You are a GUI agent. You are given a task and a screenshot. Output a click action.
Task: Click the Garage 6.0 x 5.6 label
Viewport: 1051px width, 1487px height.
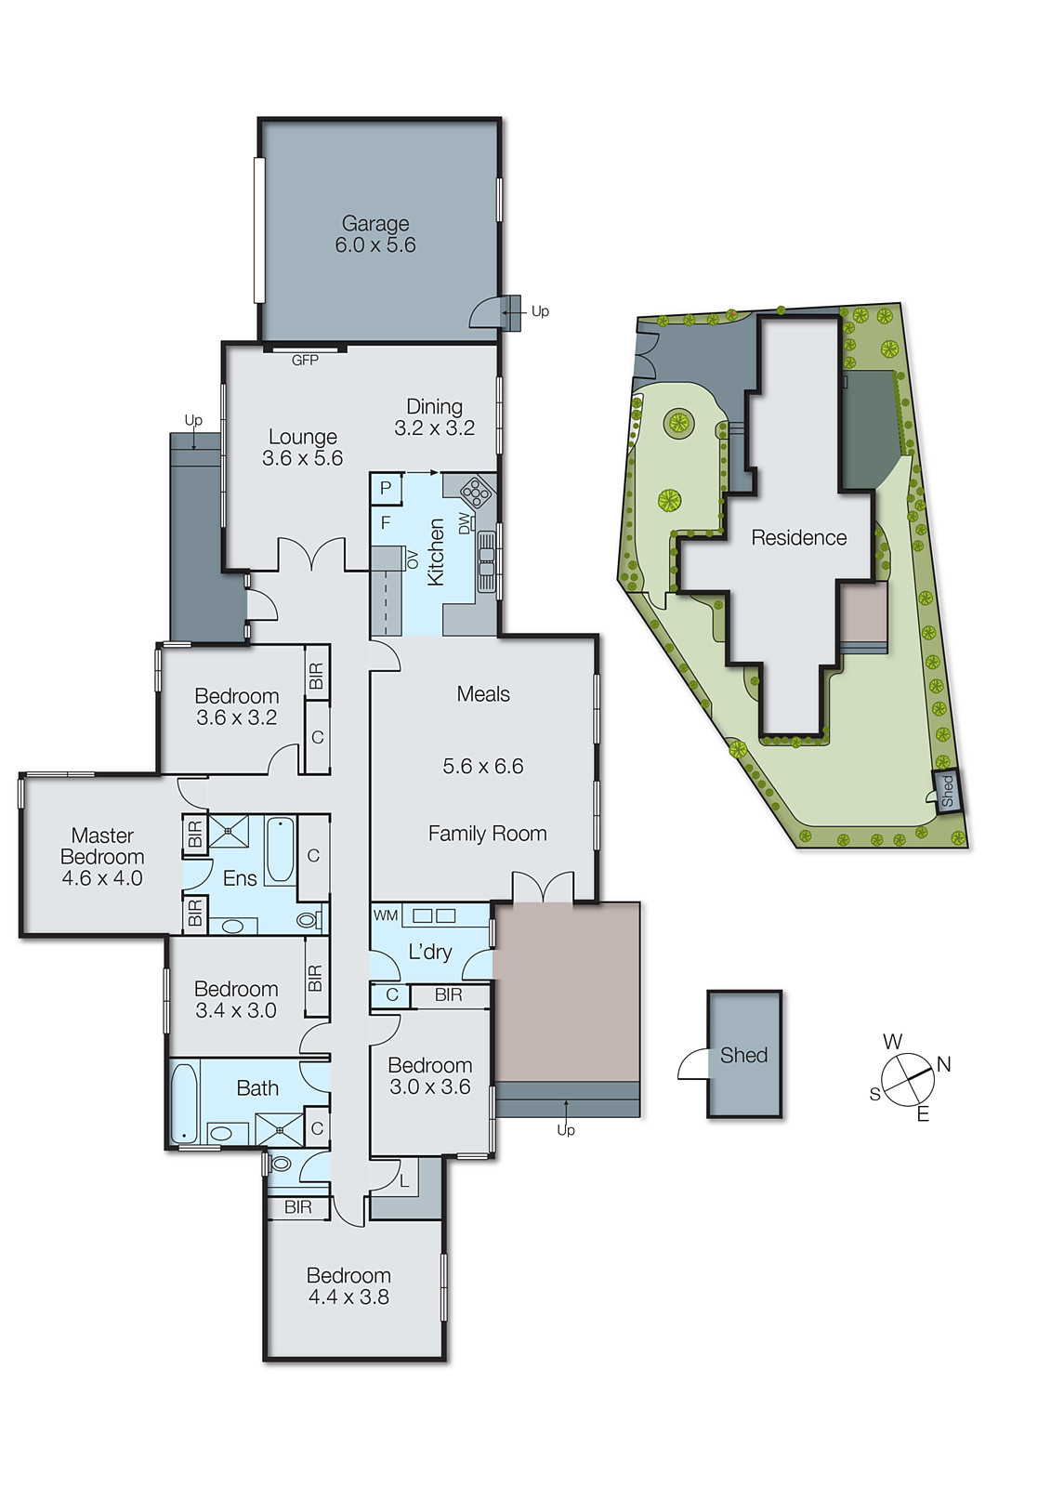pyautogui.click(x=375, y=234)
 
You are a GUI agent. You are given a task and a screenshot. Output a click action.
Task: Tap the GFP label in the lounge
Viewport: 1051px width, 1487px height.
pyautogui.click(x=305, y=360)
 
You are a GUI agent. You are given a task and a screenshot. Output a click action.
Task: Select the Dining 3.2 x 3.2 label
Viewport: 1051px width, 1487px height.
pyautogui.click(x=434, y=417)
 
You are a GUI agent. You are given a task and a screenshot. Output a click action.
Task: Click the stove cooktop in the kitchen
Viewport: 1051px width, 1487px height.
pyautogui.click(x=476, y=489)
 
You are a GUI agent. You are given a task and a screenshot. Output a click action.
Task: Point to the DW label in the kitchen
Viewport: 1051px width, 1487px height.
pyautogui.click(x=464, y=523)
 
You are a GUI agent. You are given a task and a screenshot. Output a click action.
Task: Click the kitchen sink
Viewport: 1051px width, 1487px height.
pyautogui.click(x=486, y=561)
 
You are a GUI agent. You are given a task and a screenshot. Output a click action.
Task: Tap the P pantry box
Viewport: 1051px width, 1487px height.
pyautogui.click(x=386, y=488)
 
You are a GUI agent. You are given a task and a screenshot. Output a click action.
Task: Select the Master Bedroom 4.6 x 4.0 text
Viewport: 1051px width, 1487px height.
pyautogui.click(x=102, y=856)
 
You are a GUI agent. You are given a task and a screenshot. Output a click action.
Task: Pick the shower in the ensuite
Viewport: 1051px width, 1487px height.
pyautogui.click(x=228, y=831)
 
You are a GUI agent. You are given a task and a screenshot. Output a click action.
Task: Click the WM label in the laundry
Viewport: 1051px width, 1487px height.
pyautogui.click(x=386, y=915)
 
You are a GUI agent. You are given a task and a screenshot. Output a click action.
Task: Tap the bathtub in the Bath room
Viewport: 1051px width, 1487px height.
pyautogui.click(x=185, y=1103)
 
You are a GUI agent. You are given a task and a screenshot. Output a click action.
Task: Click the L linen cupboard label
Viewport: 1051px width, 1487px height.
pyautogui.click(x=404, y=1181)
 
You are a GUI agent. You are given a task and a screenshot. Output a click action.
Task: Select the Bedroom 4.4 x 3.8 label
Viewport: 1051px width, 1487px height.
pyautogui.click(x=348, y=1286)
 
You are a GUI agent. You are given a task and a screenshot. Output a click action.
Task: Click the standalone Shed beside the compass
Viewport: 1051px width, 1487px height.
pyautogui.click(x=743, y=1055)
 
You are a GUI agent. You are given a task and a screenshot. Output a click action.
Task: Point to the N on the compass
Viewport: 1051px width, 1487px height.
pyautogui.click(x=944, y=1064)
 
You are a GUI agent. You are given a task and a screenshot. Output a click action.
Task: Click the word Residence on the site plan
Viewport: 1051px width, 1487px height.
pyautogui.click(x=798, y=537)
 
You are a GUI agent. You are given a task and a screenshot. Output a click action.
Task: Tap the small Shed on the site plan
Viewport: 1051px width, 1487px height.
pyautogui.click(x=947, y=791)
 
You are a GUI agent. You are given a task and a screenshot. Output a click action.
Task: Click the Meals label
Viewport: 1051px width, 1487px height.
pyautogui.click(x=483, y=693)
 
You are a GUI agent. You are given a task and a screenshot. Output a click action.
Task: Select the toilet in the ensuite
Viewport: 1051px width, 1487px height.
pyautogui.click(x=307, y=920)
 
